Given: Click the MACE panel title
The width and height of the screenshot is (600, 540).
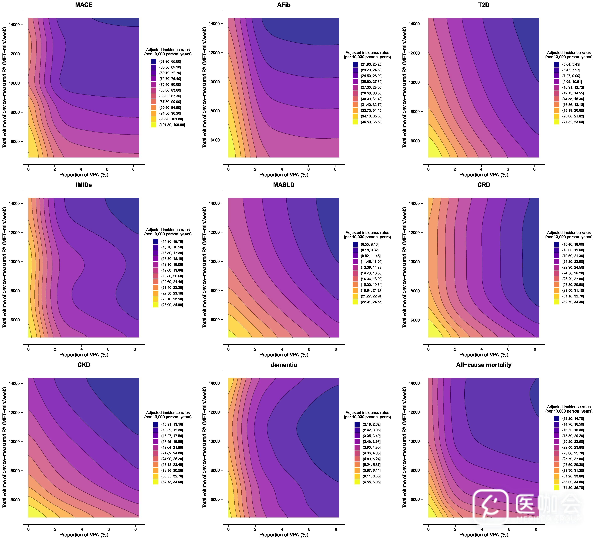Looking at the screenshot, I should tap(84, 5).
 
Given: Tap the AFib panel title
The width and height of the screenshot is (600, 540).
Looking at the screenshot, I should tap(284, 5).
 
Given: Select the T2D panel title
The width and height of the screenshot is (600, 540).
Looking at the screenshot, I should tap(484, 5).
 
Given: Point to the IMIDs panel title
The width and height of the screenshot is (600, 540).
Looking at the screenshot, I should tap(84, 185).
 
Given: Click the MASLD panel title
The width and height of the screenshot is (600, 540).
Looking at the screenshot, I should tap(284, 185).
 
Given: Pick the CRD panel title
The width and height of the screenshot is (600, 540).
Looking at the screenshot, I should tap(484, 185).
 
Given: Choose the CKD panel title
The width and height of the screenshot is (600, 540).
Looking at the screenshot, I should tap(84, 365).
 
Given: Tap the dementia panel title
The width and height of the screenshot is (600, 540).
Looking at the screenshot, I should tap(284, 365).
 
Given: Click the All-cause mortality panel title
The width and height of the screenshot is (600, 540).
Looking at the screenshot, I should tap(484, 365).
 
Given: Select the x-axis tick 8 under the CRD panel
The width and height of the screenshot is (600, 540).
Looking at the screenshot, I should tap(535, 349).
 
